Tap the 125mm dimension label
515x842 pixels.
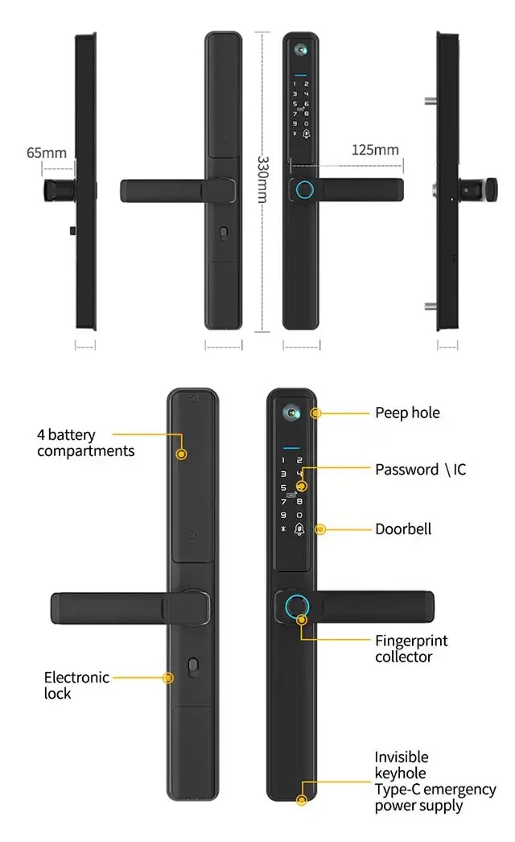(x=375, y=150)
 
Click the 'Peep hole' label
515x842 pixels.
(x=407, y=413)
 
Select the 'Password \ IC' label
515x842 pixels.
(x=420, y=469)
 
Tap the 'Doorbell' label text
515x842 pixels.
(x=403, y=529)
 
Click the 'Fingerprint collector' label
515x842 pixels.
(x=411, y=649)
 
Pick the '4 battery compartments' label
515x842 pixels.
(x=85, y=442)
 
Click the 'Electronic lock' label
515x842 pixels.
(x=76, y=685)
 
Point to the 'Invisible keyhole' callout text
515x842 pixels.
(x=402, y=765)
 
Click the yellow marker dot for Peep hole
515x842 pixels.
(x=316, y=413)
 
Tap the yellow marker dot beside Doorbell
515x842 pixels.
(x=320, y=529)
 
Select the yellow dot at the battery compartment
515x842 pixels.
(x=181, y=454)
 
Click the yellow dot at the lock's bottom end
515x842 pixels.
(x=301, y=801)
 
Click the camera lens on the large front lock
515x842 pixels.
(x=290, y=412)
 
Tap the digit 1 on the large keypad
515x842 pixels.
(x=282, y=459)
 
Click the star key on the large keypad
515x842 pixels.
(x=282, y=529)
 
